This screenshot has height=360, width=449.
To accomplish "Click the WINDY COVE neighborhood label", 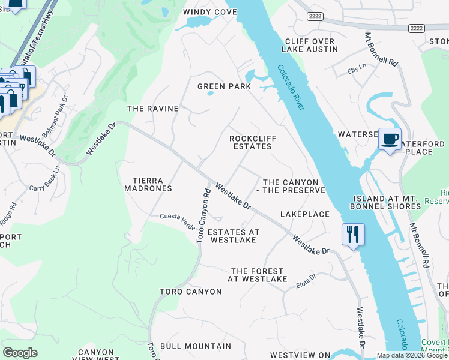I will pyautogui.click(x=209, y=12).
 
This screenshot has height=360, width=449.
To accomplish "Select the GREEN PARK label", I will pyautogui.click(x=224, y=86).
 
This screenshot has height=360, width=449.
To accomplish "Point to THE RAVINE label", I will pyautogui.click(x=153, y=109).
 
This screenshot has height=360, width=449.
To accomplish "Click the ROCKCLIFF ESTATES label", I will pyautogui.click(x=253, y=142).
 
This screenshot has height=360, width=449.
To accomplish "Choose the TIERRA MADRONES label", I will pyautogui.click(x=148, y=184).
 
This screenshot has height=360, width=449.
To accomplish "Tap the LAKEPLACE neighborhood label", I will pyautogui.click(x=305, y=214).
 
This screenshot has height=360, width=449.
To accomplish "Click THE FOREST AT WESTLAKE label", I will pyautogui.click(x=258, y=275).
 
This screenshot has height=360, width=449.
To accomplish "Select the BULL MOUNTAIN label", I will pyautogui.click(x=196, y=346).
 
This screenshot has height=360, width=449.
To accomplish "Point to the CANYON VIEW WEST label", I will pyautogui.click(x=96, y=355).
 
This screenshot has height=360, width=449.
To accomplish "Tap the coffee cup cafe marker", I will pyautogui.click(x=390, y=139).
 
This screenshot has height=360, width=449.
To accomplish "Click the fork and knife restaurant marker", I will pyautogui.click(x=352, y=234).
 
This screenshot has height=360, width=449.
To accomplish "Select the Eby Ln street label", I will pyautogui.click(x=357, y=70).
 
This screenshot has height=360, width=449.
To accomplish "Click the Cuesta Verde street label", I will pyautogui.click(x=177, y=217).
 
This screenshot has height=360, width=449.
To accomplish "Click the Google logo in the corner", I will pyautogui.click(x=20, y=353).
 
